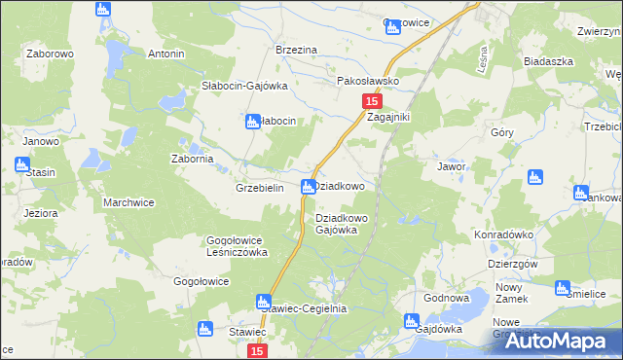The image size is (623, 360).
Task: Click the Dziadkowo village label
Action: click(x=342, y=185)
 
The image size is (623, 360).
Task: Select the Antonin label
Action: click(x=165, y=54)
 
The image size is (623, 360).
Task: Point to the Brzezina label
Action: click(x=297, y=50)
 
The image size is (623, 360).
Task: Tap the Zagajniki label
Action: click(x=389, y=117)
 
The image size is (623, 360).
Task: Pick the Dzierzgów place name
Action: click(x=513, y=264)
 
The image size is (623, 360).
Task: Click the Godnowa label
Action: click(x=448, y=298)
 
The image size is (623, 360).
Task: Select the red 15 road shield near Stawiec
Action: click(x=256, y=349)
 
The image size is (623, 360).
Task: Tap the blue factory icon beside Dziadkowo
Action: click(x=309, y=186)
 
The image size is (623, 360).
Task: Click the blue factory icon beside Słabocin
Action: click(x=252, y=122)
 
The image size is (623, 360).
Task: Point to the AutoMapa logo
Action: click(x=559, y=341)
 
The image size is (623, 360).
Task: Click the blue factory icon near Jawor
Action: click(x=533, y=177)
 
